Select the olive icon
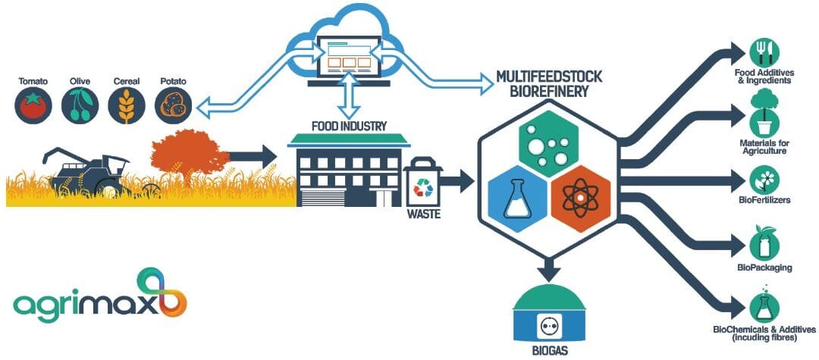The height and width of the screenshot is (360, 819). [78, 106]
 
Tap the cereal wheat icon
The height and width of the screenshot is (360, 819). [125, 106]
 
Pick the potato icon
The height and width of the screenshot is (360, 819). [171, 106]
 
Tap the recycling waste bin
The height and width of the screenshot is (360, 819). [422, 182]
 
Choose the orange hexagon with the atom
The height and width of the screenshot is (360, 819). [581, 196]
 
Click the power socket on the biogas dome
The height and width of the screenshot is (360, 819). [551, 324]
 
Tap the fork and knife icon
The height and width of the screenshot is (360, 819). [764, 52]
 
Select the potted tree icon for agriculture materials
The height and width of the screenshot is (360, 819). [764, 114]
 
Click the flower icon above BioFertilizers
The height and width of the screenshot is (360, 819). [764, 180]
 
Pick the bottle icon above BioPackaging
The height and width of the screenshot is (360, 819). [764, 245]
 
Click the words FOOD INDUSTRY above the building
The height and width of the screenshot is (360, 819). [350, 126]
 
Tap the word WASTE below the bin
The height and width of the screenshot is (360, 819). [422, 214]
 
